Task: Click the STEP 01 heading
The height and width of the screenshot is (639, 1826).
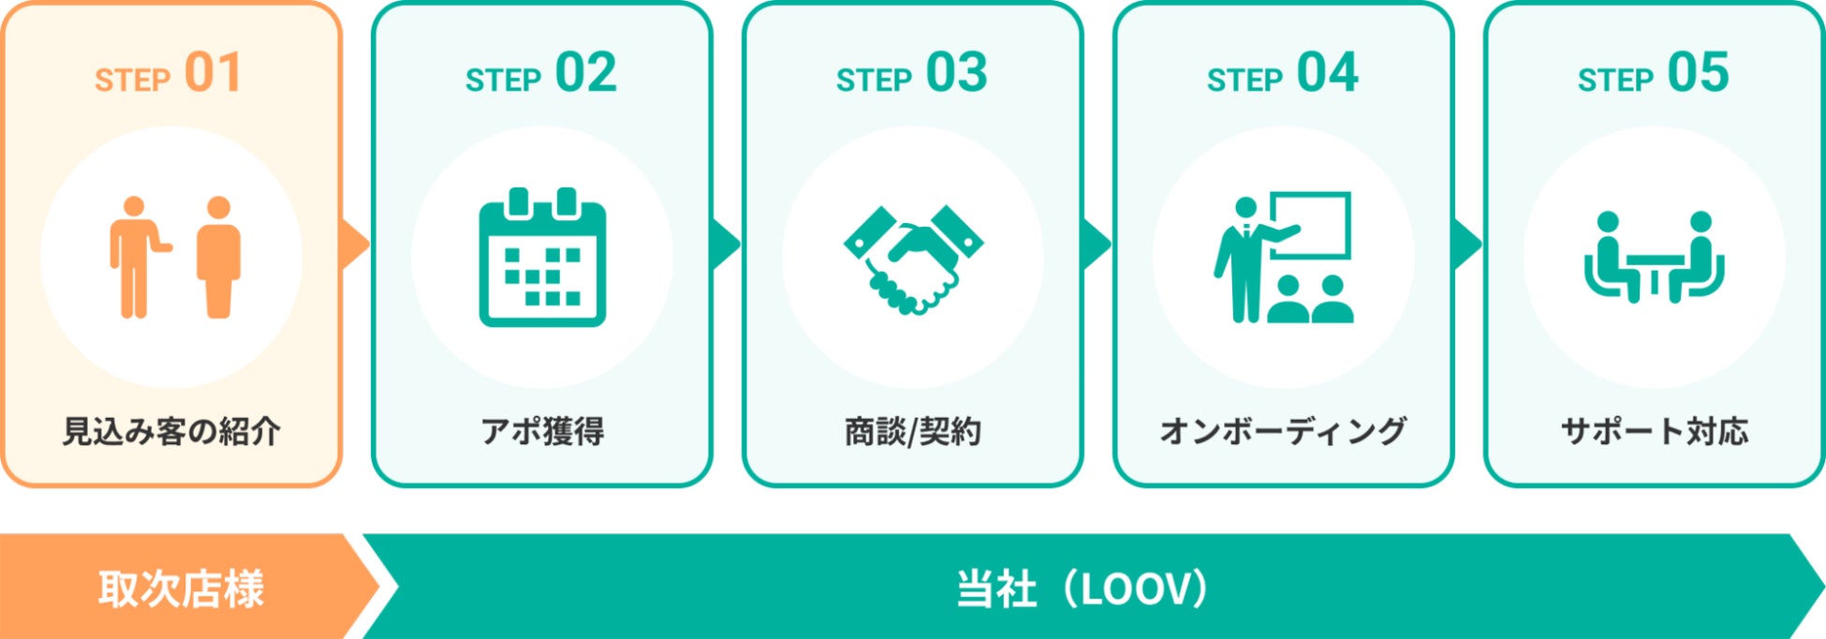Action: (x=169, y=74)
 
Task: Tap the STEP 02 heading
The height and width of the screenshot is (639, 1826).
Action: (x=540, y=74)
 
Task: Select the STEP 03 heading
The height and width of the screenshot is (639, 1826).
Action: (x=911, y=74)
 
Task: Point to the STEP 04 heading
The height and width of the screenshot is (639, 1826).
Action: (x=1282, y=74)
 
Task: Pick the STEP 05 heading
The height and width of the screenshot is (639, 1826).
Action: (x=1653, y=74)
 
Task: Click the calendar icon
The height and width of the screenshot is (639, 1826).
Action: (x=542, y=258)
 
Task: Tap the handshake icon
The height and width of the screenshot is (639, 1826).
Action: (x=913, y=260)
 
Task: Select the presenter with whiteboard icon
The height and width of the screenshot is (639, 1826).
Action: (x=1283, y=258)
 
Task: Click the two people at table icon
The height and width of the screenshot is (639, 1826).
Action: (x=1654, y=258)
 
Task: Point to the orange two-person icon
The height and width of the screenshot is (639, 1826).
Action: (x=174, y=258)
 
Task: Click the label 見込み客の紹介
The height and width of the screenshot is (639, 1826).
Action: (x=171, y=432)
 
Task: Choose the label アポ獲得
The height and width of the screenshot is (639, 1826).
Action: (x=542, y=432)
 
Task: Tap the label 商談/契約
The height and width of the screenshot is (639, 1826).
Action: (x=913, y=432)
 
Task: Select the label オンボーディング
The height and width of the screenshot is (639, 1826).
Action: (x=1283, y=432)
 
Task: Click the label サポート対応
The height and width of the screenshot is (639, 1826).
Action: (x=1654, y=432)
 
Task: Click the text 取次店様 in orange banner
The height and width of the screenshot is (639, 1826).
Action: (x=181, y=589)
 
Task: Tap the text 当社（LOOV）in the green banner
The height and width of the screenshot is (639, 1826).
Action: (x=1082, y=589)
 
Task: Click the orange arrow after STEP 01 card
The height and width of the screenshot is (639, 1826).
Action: (x=354, y=245)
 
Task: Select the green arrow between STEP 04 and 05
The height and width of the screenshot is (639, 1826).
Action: (x=1465, y=245)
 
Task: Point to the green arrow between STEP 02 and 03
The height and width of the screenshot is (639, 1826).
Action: (x=724, y=245)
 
